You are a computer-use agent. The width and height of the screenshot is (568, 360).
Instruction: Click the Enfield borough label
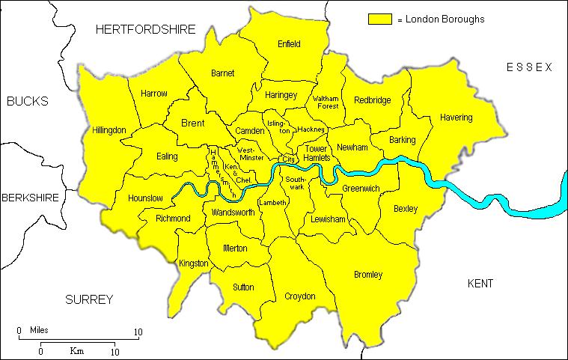(288, 44)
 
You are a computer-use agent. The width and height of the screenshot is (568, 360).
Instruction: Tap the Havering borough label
(456, 118)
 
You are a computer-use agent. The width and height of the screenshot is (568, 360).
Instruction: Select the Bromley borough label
(367, 275)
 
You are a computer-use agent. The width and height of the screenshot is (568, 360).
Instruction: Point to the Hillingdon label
(109, 130)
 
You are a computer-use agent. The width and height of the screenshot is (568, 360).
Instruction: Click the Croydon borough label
(299, 296)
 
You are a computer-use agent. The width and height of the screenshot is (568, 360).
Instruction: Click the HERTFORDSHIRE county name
(145, 29)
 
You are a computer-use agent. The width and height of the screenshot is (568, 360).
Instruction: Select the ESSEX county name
(528, 67)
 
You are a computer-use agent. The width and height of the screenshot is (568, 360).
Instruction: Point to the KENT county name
(480, 284)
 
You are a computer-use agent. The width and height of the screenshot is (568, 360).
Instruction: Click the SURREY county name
(88, 299)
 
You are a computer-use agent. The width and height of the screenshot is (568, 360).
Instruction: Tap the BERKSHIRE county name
(30, 198)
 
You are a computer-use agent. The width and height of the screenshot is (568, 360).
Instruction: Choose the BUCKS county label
(27, 101)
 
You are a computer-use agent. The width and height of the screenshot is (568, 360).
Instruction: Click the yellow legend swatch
(379, 19)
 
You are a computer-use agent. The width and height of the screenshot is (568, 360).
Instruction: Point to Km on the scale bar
(76, 350)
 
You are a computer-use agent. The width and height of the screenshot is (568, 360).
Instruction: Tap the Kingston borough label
(194, 263)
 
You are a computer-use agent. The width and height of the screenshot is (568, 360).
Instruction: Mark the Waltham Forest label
(326, 102)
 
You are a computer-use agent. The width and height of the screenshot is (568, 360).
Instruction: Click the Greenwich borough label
(361, 188)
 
